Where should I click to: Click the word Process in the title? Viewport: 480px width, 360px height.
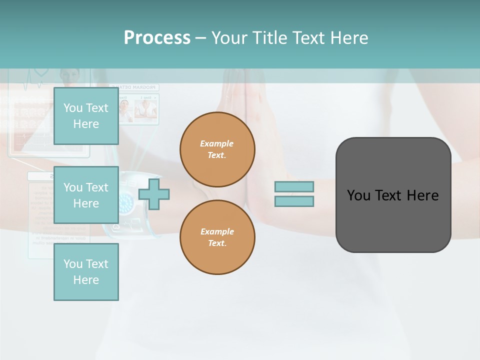(x=157, y=38)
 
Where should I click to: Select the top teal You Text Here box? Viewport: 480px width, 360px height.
(x=86, y=116)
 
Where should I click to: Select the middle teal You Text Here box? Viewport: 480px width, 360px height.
(x=86, y=195)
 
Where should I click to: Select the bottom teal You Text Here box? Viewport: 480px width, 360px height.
(x=86, y=272)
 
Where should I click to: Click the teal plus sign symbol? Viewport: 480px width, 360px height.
(x=154, y=194)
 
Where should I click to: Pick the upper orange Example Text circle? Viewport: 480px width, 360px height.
(x=217, y=149)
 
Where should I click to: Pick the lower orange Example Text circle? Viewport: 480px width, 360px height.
(x=217, y=237)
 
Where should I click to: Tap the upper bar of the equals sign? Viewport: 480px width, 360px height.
(x=294, y=186)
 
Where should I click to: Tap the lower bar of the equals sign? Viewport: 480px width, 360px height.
(x=294, y=201)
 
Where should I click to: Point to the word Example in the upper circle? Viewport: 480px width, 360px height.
(x=216, y=143)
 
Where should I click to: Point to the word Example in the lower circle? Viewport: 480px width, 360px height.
(x=216, y=231)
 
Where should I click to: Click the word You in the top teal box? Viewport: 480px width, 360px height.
(x=72, y=108)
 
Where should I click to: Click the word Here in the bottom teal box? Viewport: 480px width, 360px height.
(x=86, y=280)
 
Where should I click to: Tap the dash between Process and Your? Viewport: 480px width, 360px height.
(x=200, y=38)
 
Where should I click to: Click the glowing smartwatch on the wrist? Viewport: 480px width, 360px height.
(x=125, y=205)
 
